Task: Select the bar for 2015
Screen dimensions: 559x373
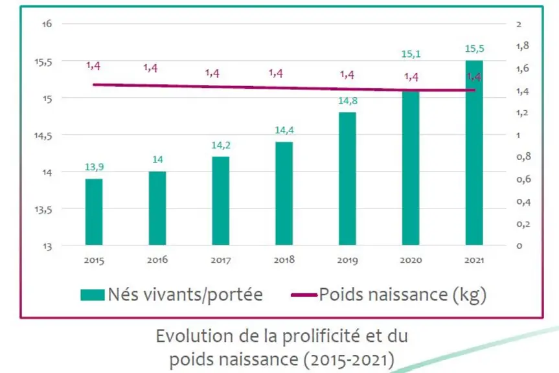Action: [x=94, y=212]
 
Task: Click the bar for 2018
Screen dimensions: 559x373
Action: [x=284, y=194]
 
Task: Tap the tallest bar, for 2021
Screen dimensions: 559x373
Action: [x=474, y=153]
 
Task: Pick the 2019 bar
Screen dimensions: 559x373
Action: [x=348, y=179]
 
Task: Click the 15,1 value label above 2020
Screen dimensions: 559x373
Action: [x=411, y=54]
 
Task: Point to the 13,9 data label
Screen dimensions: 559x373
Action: [x=94, y=166]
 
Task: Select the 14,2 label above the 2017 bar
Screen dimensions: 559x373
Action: [x=221, y=145]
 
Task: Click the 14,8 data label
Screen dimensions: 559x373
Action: [x=348, y=101]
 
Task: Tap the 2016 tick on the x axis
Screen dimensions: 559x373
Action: [x=157, y=260]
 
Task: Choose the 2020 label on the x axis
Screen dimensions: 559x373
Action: [x=411, y=260]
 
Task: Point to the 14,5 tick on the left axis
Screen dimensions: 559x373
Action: [x=43, y=136]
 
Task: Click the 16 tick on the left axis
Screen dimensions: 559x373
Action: [x=47, y=24]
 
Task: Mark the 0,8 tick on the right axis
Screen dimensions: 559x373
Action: [x=524, y=157]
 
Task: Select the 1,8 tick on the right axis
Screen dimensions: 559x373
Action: [x=523, y=46]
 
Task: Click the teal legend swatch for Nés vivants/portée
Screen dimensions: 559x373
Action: [x=93, y=295]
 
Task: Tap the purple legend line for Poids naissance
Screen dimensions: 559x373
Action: [x=304, y=295]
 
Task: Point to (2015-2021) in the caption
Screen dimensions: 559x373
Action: [x=349, y=359]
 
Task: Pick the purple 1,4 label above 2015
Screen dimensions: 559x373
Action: [x=93, y=65]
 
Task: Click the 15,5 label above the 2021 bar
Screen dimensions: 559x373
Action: [x=475, y=49]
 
